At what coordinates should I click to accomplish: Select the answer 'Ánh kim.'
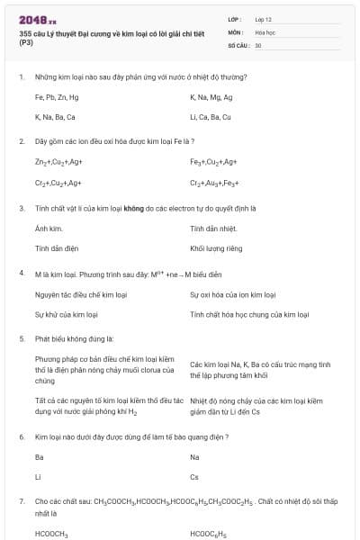[x=48, y=229]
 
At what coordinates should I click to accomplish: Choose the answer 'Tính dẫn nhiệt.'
[x=212, y=229]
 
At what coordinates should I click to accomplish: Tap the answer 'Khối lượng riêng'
[x=216, y=247]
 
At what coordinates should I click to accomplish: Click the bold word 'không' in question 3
[x=122, y=208]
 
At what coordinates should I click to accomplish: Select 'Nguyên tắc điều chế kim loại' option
[x=79, y=294]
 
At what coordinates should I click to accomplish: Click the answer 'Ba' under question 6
[x=39, y=457]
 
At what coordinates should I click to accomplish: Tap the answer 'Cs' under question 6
[x=194, y=477]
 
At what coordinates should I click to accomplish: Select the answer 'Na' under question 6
[x=194, y=457]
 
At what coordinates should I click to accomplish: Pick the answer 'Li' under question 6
[x=38, y=477]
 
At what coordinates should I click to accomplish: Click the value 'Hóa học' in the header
[x=265, y=31]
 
